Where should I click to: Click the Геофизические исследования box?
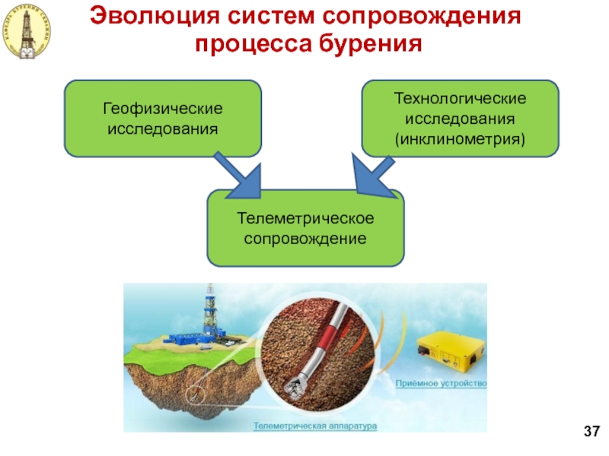(x=162, y=119)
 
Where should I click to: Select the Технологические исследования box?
(x=460, y=119)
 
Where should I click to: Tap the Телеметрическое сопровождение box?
(x=305, y=227)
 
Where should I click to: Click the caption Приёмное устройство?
(x=441, y=383)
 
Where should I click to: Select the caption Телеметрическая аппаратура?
(x=315, y=426)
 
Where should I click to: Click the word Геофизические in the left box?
(x=162, y=109)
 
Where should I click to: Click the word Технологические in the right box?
(x=460, y=100)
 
